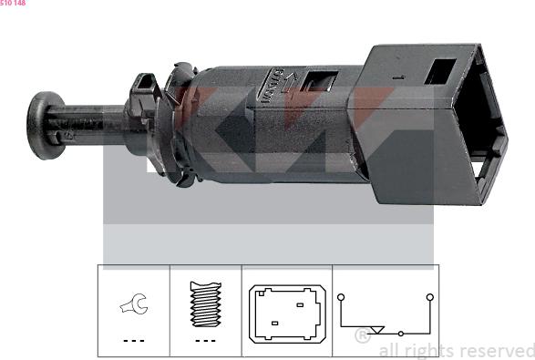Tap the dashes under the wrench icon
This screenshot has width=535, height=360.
tap(133, 340)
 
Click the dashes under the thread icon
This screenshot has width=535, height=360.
tap(205, 340)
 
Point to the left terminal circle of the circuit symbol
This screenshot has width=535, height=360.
tap(340, 296)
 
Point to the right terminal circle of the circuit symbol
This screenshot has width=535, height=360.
tap(427, 296)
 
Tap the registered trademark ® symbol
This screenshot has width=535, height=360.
tap(361, 336)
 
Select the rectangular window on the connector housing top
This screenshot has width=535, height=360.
tap(441, 70)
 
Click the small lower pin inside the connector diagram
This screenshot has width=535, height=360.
tap(273, 323)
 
